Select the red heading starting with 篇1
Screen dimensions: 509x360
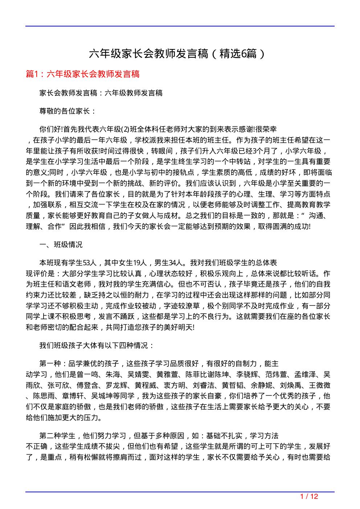pos(83,74)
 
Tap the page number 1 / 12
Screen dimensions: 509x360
pos(309,496)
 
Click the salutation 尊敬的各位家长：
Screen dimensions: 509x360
pos(68,111)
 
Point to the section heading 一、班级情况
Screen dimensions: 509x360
pos(61,245)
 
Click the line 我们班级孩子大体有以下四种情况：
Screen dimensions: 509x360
pos(97,345)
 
